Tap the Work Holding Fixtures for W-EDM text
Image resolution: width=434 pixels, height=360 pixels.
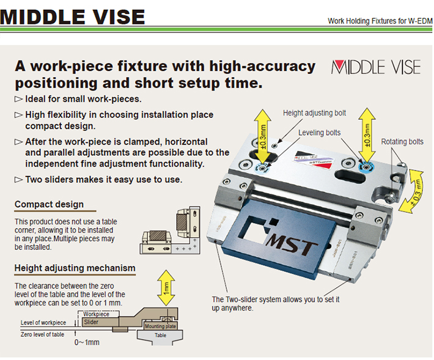(x=380, y=21)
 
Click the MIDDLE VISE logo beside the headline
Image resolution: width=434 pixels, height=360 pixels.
(x=376, y=67)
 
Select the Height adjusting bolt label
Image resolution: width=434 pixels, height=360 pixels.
(x=314, y=113)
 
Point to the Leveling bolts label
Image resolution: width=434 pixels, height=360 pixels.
(x=319, y=133)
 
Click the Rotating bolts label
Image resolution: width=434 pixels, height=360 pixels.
(x=402, y=142)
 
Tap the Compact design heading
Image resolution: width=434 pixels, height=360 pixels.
(x=50, y=204)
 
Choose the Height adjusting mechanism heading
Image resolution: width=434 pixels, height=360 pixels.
(x=75, y=268)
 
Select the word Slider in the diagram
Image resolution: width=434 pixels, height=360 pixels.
(x=90, y=321)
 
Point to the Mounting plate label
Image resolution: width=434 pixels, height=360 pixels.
(x=160, y=326)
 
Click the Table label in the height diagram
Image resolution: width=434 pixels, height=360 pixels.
(x=160, y=335)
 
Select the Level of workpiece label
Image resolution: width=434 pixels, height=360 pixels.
(x=43, y=322)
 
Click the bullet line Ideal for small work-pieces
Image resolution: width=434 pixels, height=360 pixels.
(x=83, y=99)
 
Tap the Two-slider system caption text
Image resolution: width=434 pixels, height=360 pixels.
(x=275, y=303)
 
